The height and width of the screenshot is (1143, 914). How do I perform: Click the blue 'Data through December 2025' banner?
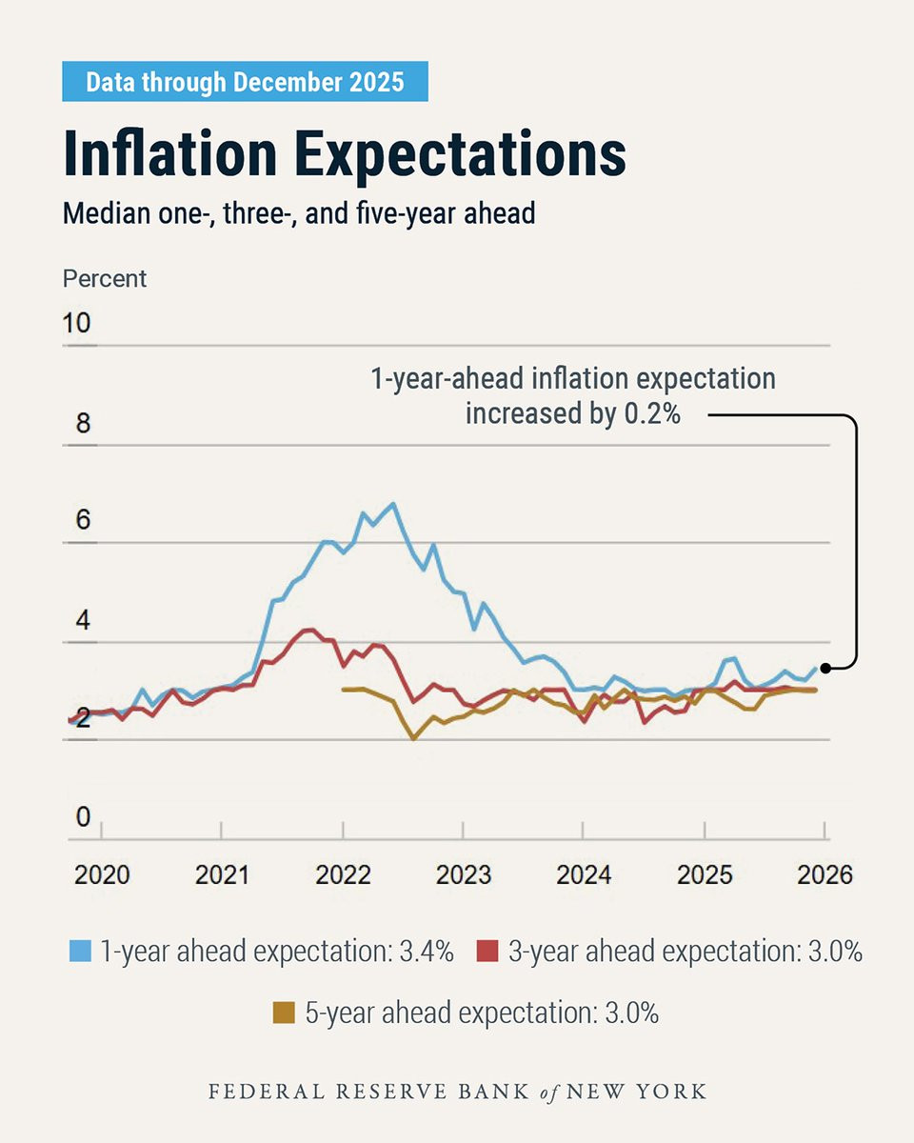[245, 81]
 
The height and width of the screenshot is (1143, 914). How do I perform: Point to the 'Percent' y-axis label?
[105, 279]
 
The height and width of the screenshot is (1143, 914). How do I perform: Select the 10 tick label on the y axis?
[76, 323]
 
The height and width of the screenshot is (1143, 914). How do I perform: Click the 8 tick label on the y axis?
[84, 423]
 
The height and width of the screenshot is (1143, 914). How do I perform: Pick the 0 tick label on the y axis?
[84, 816]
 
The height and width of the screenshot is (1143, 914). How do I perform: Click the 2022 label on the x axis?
[343, 874]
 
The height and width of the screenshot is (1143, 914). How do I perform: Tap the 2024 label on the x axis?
[584, 874]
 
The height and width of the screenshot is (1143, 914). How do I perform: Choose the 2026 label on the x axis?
[825, 874]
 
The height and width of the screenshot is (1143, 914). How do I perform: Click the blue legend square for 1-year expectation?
[80, 951]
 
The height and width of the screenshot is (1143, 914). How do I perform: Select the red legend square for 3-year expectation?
[487, 951]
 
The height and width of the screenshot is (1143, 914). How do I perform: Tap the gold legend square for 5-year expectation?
[284, 1013]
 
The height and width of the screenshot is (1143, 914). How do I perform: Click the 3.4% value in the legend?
[427, 951]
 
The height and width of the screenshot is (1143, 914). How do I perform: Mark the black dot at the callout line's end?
[825, 668]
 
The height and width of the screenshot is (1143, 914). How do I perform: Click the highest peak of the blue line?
[393, 504]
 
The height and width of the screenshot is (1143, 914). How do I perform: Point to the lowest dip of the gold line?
[414, 738]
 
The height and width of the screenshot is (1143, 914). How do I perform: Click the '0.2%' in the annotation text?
[652, 413]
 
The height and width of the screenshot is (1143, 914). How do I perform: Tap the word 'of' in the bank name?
[548, 1093]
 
